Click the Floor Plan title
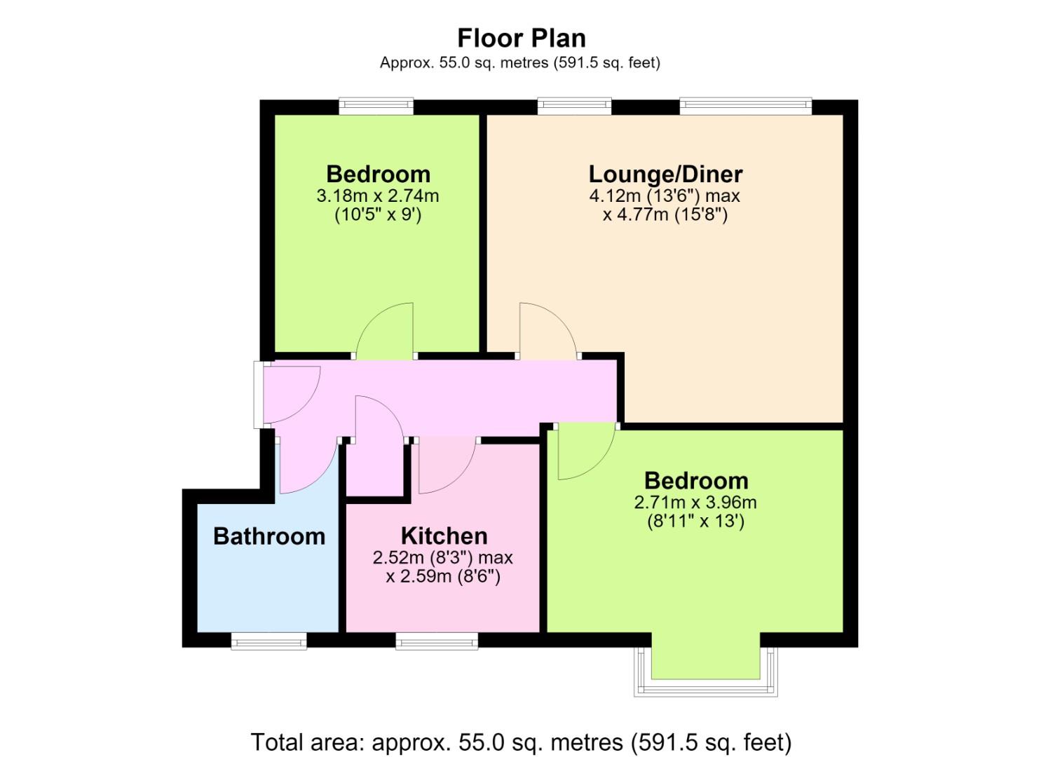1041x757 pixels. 521,38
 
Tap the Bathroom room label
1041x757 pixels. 269,536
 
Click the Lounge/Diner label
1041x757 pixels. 665,175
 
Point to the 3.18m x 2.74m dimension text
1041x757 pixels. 378,196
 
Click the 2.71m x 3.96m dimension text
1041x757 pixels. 695,502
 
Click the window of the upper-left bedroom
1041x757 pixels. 376,106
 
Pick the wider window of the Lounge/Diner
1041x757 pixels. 745,106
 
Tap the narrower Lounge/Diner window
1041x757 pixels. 574,106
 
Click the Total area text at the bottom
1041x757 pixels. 521,742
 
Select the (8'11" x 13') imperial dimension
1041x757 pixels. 695,521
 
